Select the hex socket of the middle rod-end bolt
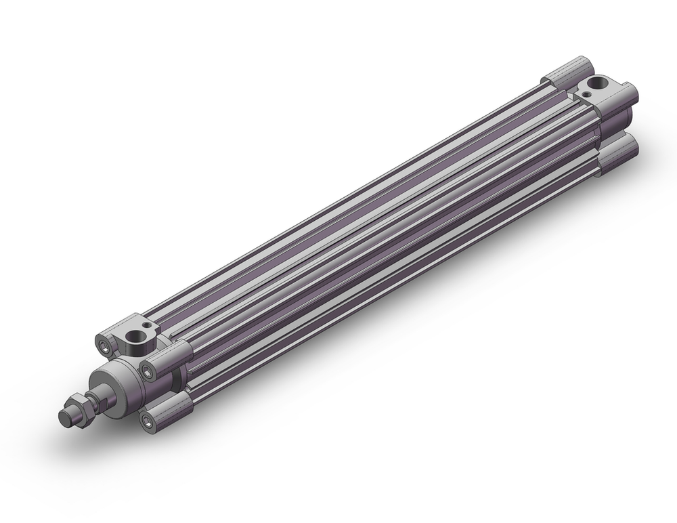(147, 369)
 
